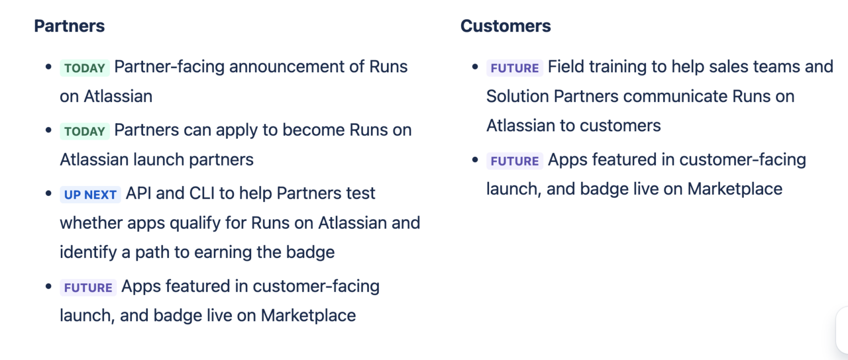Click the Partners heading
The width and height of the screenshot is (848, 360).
pos(69,26)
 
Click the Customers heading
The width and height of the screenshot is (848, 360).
pos(505,26)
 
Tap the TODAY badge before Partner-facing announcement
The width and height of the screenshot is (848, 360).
pos(84,68)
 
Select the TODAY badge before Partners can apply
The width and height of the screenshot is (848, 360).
pos(84,131)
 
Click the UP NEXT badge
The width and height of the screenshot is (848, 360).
pos(90,194)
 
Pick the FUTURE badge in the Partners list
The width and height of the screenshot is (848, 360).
pos(88,288)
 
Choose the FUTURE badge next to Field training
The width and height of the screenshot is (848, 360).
pos(515,68)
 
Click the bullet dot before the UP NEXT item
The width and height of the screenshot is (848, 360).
pos(49,194)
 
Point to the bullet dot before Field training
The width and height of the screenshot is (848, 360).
pos(475,67)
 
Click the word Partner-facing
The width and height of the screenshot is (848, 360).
pos(169,67)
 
